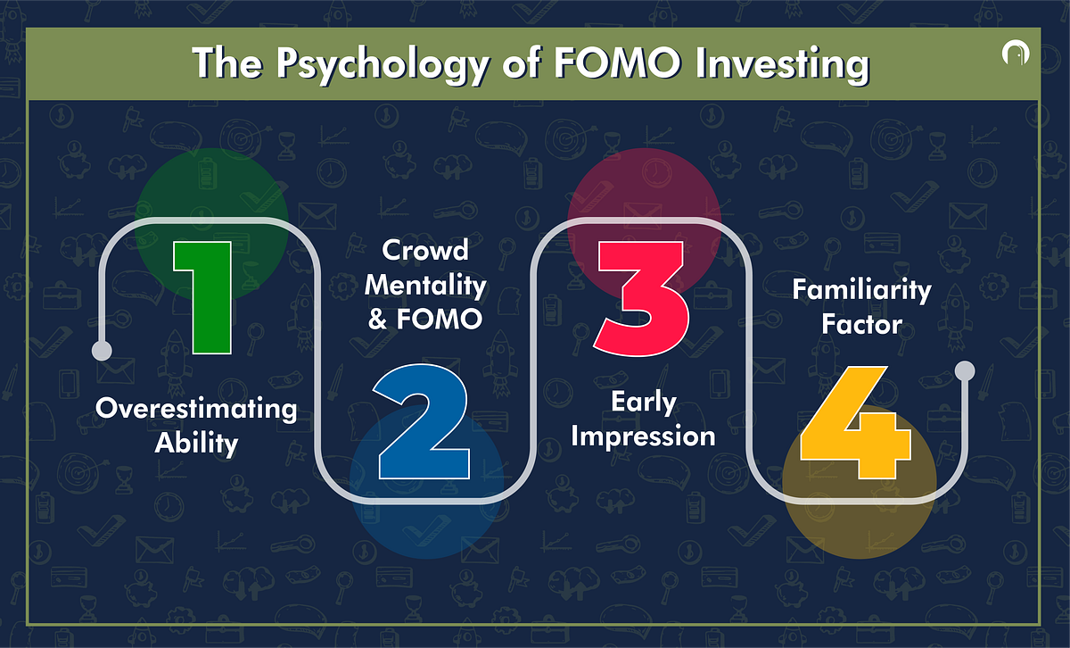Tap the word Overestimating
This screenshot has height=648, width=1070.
tap(196, 410)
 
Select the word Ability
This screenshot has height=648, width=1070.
tap(196, 442)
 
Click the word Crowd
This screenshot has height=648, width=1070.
tap(425, 251)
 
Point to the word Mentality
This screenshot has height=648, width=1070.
tap(425, 285)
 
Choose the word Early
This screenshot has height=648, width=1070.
tap(642, 403)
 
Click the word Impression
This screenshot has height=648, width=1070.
tap(642, 436)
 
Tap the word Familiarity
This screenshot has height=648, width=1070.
tap(861, 290)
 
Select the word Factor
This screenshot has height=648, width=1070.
tap(861, 323)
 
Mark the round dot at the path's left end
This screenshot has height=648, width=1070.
tap(103, 349)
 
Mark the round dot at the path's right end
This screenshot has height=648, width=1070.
tap(965, 370)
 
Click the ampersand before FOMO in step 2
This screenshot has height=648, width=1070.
tap(379, 319)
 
